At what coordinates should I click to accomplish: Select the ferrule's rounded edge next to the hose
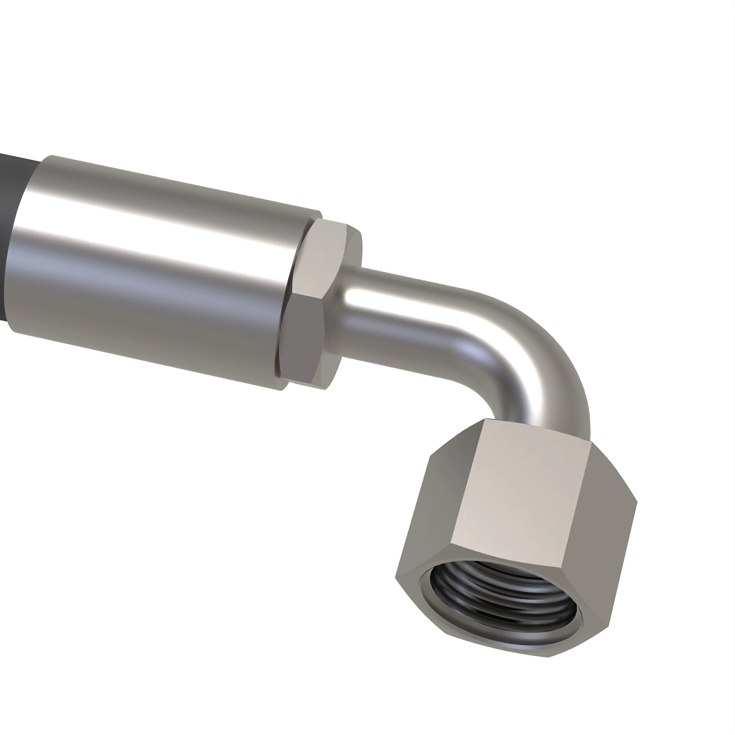click(x=24, y=245)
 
